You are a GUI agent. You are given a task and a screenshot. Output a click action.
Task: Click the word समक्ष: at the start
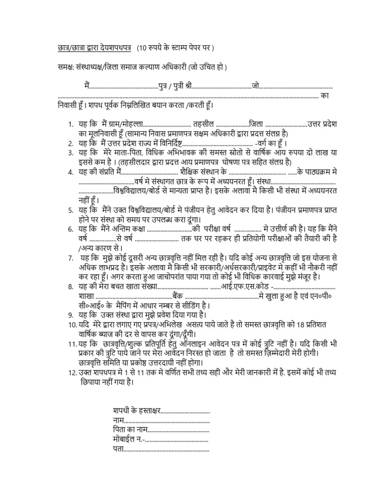pyautogui.click(x=64, y=66)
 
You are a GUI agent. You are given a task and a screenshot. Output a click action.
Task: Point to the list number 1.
pyautogui.click(x=71, y=123)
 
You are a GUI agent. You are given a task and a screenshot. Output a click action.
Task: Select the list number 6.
pyautogui.click(x=71, y=229)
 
